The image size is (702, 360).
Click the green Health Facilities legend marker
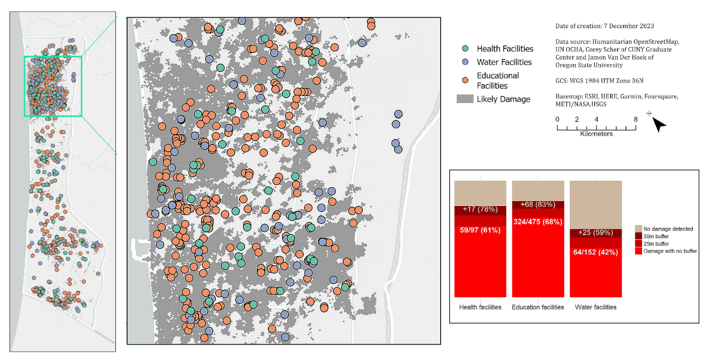465,48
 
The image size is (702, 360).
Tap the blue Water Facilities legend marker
465,62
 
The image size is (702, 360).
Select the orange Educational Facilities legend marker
465,80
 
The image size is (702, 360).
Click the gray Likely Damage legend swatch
465,99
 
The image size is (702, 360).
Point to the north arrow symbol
658,124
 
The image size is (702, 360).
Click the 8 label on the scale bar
636,119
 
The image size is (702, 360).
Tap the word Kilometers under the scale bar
596,134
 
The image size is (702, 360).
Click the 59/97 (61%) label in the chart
480,230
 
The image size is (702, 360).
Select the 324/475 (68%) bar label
537,222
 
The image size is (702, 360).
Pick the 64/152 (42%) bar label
595,252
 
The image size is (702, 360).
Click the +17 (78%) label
480,209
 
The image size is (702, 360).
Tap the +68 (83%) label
537,204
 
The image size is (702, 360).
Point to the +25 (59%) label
595,232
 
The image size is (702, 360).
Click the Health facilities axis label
480,307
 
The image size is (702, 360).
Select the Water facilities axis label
595,307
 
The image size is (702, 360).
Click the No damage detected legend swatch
638,229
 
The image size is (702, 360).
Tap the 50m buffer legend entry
656,236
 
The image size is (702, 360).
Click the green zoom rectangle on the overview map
53,57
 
